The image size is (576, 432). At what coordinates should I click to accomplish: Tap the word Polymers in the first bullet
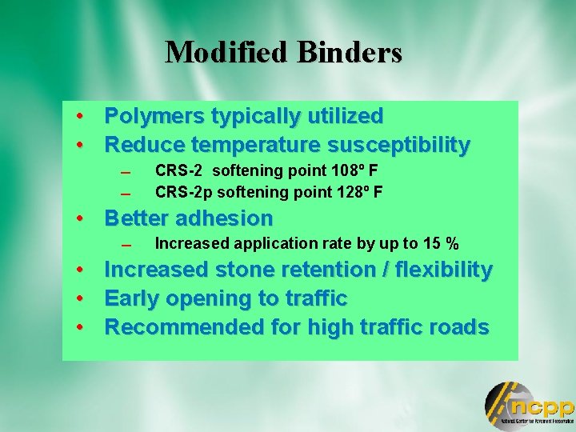tap(154, 116)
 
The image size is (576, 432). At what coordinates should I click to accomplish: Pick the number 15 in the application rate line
tap(433, 243)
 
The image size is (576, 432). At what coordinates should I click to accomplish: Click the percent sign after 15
tap(452, 243)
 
